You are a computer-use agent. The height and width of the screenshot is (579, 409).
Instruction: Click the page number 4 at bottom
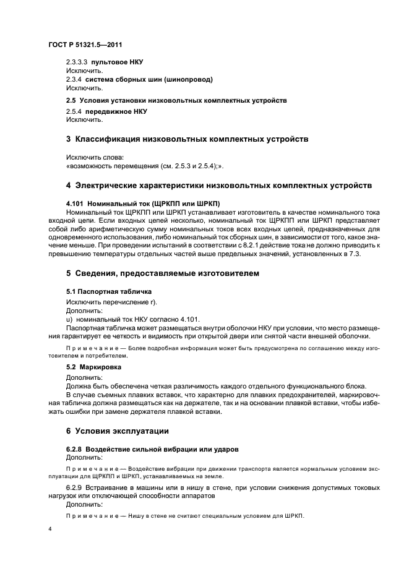(x=51, y=530)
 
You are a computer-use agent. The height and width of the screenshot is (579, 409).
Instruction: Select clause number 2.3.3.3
(x=77, y=63)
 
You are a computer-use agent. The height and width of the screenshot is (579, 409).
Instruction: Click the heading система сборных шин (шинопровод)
(x=149, y=79)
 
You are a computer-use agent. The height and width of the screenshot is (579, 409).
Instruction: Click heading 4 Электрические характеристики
(x=218, y=186)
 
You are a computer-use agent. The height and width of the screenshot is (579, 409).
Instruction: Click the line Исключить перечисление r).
(x=112, y=301)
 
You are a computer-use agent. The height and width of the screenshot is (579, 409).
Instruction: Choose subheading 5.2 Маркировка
(x=94, y=367)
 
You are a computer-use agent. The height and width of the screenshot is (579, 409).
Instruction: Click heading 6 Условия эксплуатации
(x=117, y=431)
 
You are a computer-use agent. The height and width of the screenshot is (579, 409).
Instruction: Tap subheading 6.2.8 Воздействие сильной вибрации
(x=152, y=448)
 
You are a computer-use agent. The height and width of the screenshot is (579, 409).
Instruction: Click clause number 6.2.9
(x=75, y=488)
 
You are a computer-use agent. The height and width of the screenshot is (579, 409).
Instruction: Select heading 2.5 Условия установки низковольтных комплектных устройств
(x=176, y=100)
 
